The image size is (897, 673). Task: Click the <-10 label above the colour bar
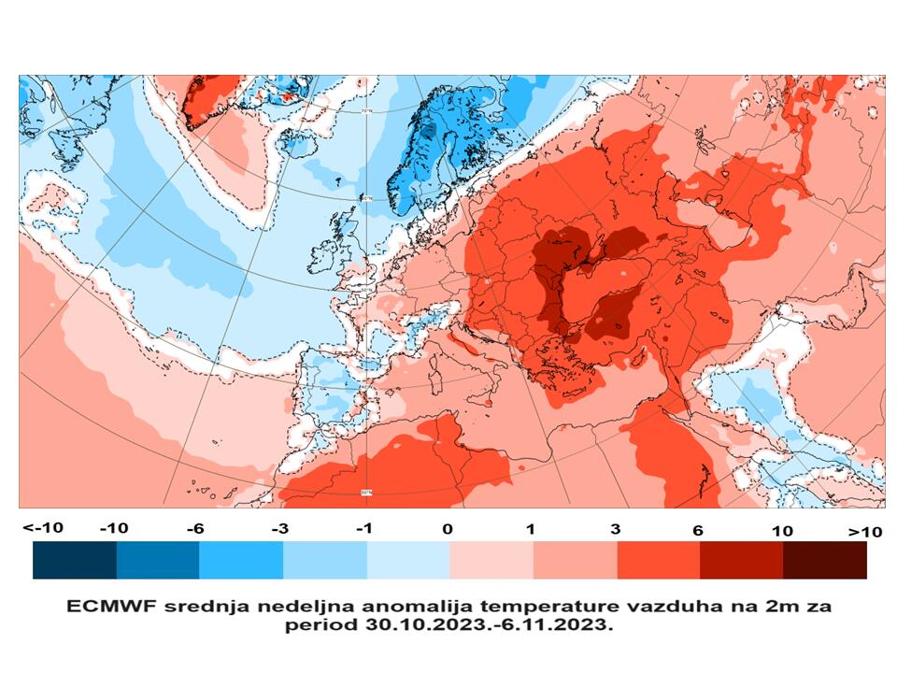click(44, 528)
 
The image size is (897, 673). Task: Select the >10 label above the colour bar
click(864, 531)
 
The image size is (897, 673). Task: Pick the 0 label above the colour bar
click(448, 529)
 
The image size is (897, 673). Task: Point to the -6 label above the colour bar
click(194, 529)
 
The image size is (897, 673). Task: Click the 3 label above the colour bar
click(615, 530)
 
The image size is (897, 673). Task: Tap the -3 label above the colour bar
click(278, 529)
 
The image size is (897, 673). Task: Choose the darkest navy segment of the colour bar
click(75, 561)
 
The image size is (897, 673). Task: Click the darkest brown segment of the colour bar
click(825, 561)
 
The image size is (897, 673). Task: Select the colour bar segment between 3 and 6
click(658, 561)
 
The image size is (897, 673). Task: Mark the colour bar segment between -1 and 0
click(407, 561)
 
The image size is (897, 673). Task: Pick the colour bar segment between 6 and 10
click(741, 561)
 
